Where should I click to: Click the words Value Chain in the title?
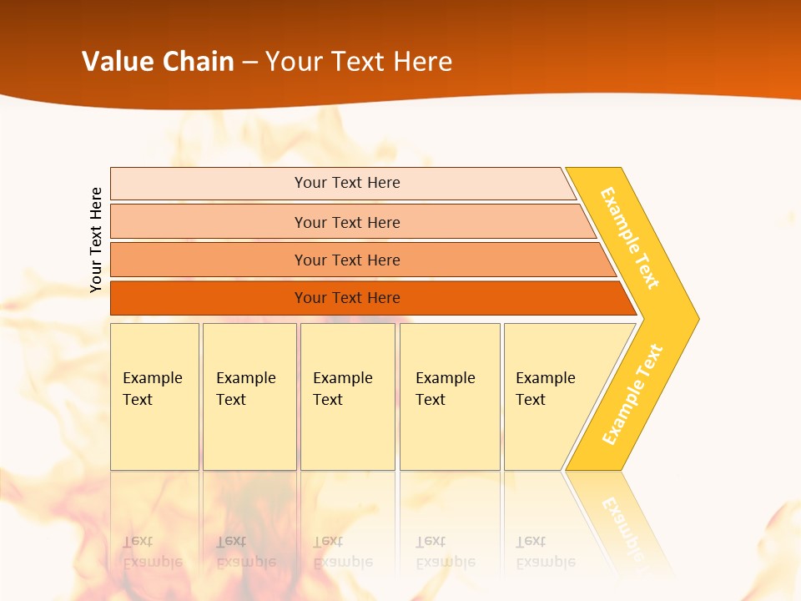(x=158, y=62)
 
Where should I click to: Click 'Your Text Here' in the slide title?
(x=359, y=62)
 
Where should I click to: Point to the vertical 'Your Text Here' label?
(x=96, y=240)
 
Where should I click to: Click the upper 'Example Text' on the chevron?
(x=630, y=238)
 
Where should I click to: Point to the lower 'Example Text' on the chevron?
(x=632, y=394)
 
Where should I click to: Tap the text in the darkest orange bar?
(x=347, y=298)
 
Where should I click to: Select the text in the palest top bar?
(x=347, y=183)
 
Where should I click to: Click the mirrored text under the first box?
(x=152, y=552)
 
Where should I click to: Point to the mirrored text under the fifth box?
(x=545, y=552)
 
